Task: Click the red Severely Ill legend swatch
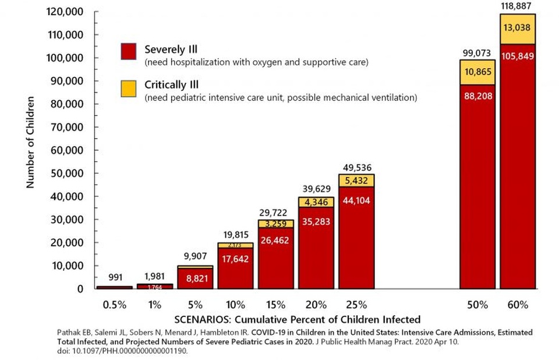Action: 128,51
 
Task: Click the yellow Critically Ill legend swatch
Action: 128,88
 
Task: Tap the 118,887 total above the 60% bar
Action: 517,5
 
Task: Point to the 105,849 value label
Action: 517,57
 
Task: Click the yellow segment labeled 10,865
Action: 477,72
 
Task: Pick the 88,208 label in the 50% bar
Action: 477,96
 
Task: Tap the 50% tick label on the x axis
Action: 477,305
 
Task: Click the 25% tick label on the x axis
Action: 356,305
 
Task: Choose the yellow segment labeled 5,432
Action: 356,181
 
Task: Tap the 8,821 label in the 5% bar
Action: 195,279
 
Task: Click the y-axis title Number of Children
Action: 31,142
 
